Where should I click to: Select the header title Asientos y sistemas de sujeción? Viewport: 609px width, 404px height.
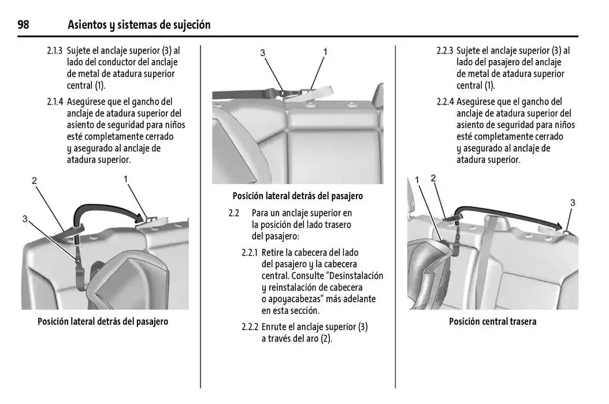pyautogui.click(x=139, y=25)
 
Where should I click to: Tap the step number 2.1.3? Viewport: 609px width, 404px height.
pyautogui.click(x=55, y=51)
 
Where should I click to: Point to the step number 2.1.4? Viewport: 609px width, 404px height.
pyautogui.click(x=55, y=102)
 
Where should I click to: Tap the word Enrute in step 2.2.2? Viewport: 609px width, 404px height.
pyautogui.click(x=276, y=327)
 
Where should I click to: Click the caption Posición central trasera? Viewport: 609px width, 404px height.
pyautogui.click(x=492, y=321)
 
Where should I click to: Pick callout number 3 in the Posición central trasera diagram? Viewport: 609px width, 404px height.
pyautogui.click(x=572, y=203)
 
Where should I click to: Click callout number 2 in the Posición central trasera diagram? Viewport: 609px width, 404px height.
pyautogui.click(x=433, y=178)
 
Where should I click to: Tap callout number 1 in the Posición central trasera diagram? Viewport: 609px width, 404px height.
pyautogui.click(x=417, y=181)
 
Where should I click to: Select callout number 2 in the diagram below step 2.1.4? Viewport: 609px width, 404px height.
pyautogui.click(x=34, y=181)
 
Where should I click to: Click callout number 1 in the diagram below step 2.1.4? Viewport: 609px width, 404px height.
pyautogui.click(x=125, y=179)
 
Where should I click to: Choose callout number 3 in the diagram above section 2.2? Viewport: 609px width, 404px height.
pyautogui.click(x=262, y=53)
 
